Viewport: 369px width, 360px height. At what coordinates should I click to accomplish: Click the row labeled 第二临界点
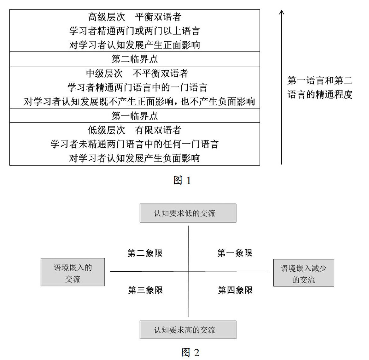[135, 59]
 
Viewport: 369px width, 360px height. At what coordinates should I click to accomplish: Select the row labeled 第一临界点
[135, 116]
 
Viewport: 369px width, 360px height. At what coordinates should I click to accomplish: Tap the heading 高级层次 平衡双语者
[135, 17]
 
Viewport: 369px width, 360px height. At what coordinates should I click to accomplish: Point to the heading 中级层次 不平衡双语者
[137, 74]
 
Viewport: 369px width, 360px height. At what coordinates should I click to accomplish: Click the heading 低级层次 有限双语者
[135, 130]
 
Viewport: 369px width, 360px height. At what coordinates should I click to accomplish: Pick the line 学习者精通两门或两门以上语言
[135, 31]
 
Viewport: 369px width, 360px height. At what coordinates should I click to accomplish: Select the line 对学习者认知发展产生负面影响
[135, 158]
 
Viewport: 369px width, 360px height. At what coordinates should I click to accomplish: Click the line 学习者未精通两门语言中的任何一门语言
[135, 144]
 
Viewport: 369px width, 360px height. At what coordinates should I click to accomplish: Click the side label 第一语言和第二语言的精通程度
[320, 87]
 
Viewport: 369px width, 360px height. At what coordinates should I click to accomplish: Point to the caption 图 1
[182, 180]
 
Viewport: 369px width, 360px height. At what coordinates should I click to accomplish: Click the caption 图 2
[190, 352]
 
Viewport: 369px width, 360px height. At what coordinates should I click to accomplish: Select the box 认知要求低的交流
[188, 213]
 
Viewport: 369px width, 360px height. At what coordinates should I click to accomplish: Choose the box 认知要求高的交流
[188, 330]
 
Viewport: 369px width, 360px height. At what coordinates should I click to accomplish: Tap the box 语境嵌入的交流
[73, 272]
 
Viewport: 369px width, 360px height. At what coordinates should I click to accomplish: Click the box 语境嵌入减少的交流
[303, 273]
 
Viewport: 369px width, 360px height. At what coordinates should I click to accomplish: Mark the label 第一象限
[235, 253]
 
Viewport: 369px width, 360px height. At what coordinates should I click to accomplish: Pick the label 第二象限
[145, 253]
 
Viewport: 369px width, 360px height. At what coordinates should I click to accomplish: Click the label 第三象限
[145, 290]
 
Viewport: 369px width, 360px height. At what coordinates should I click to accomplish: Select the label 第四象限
[235, 290]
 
